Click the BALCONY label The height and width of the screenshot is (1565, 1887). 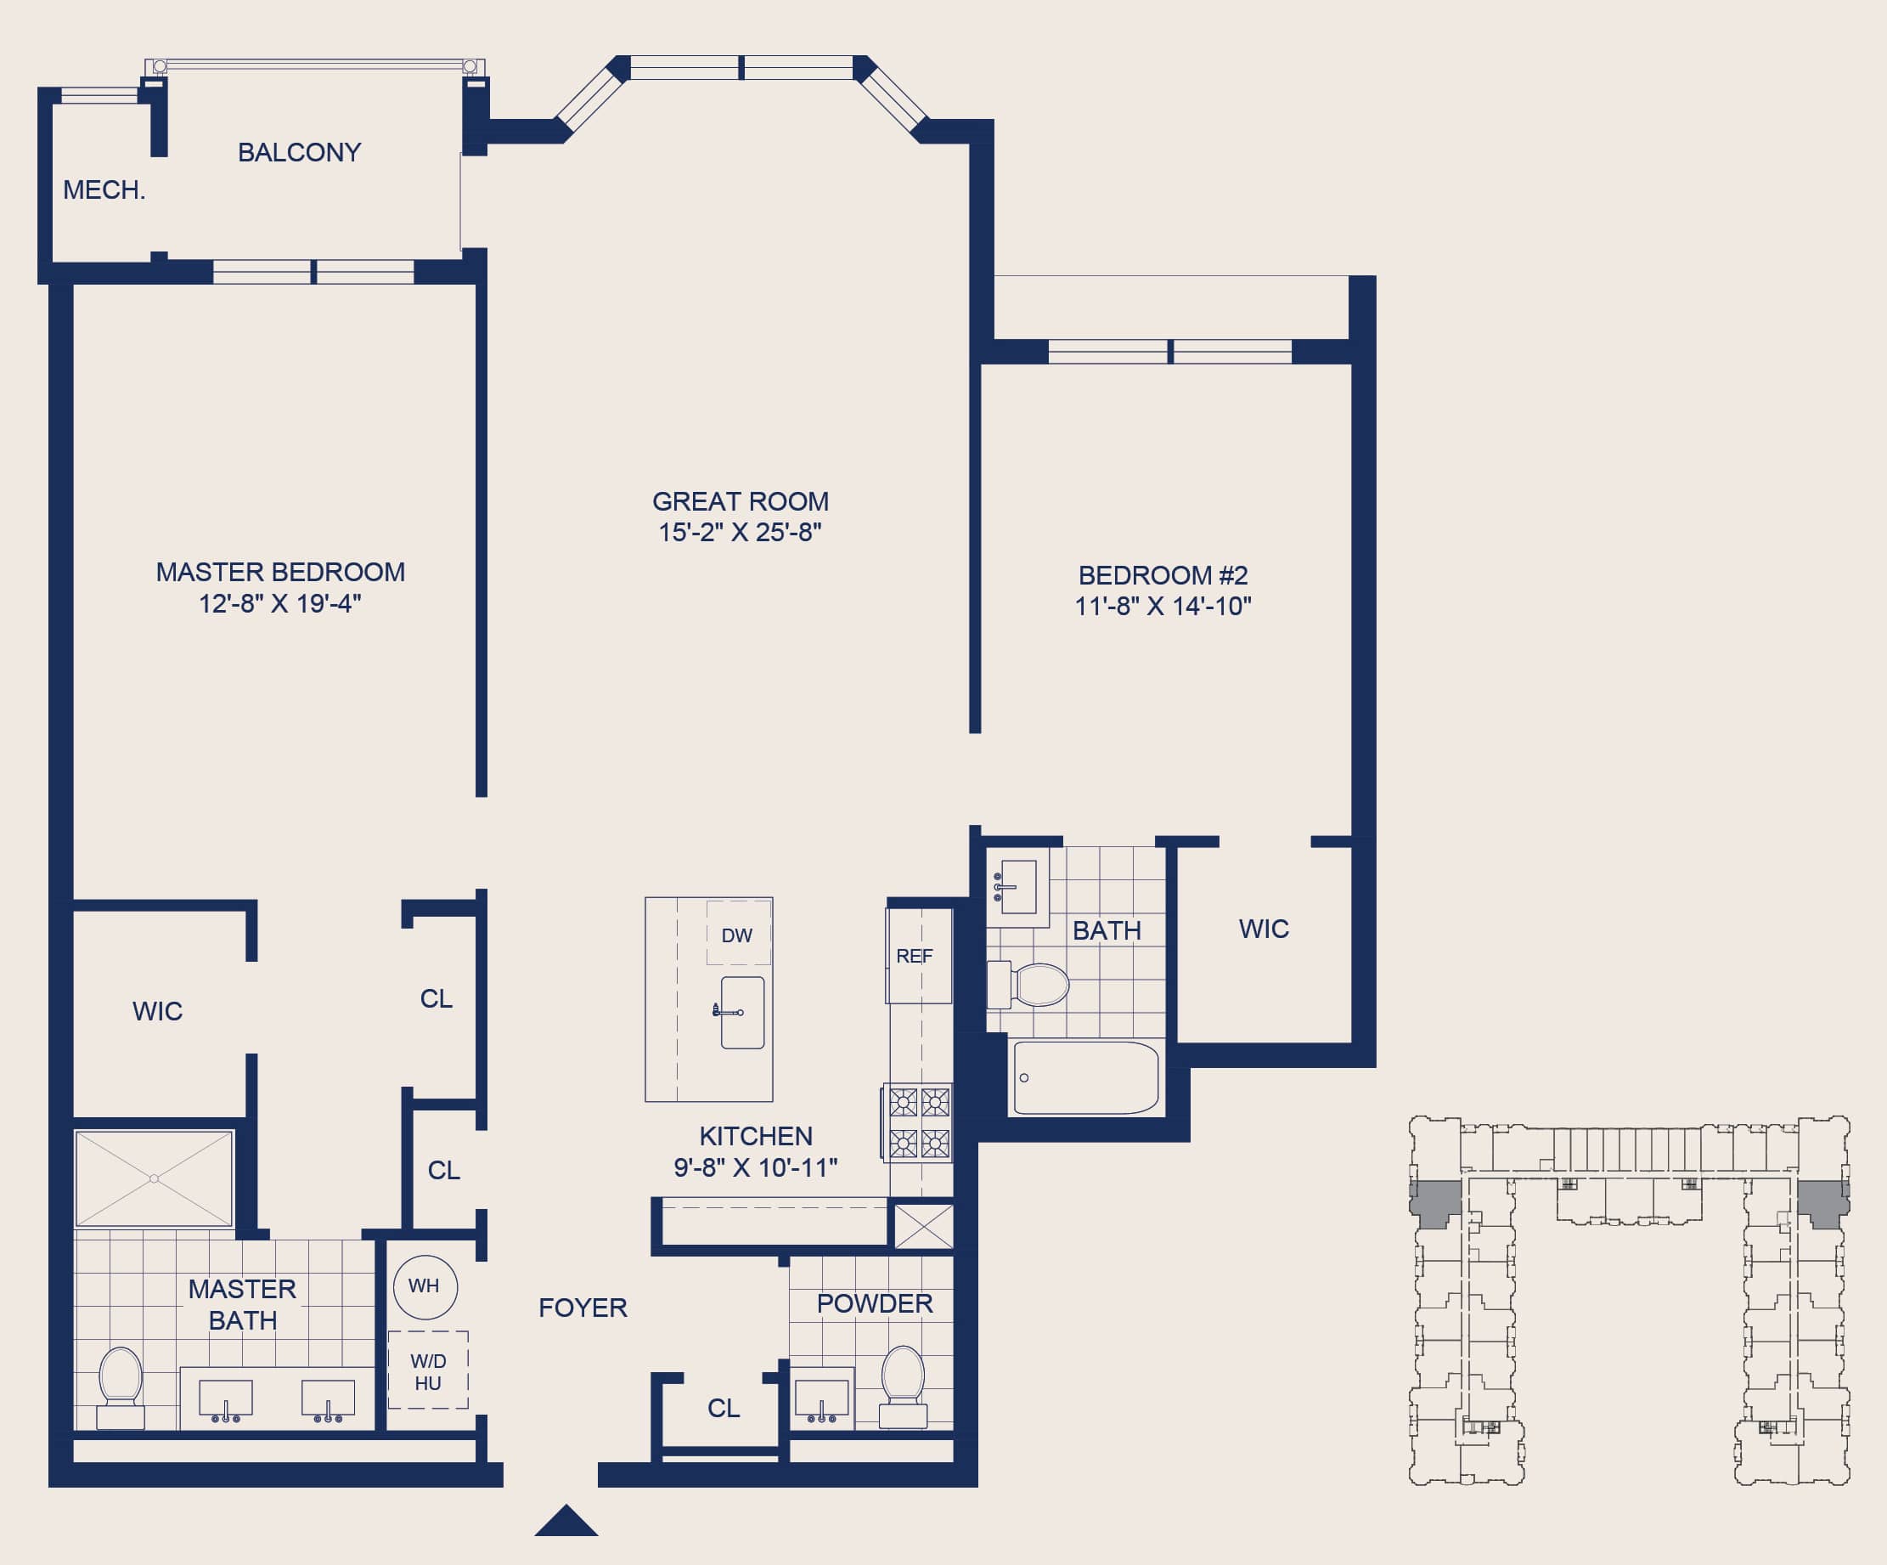[299, 152]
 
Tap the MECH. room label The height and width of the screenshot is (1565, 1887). [104, 189]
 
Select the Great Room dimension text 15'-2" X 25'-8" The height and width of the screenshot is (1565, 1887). [740, 532]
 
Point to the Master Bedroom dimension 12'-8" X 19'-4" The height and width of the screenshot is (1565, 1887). [279, 603]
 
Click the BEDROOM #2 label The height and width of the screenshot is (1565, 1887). [1163, 575]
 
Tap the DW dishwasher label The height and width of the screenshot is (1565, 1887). [737, 935]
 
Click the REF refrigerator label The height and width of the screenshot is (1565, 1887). [915, 957]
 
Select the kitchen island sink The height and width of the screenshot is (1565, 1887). [742, 1013]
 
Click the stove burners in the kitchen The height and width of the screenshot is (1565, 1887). [919, 1122]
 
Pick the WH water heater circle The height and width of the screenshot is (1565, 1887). [425, 1287]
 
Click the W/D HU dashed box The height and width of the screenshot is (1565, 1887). [428, 1370]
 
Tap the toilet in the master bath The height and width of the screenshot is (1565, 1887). [121, 1388]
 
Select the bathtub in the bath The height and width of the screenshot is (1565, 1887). [1085, 1078]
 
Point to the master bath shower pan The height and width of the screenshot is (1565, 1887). [155, 1178]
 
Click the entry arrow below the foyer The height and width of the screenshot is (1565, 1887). [566, 1520]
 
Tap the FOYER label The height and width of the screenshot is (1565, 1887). [583, 1308]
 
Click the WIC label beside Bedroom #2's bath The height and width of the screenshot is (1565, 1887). [1264, 929]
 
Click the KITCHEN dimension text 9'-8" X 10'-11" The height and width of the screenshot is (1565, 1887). [756, 1167]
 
